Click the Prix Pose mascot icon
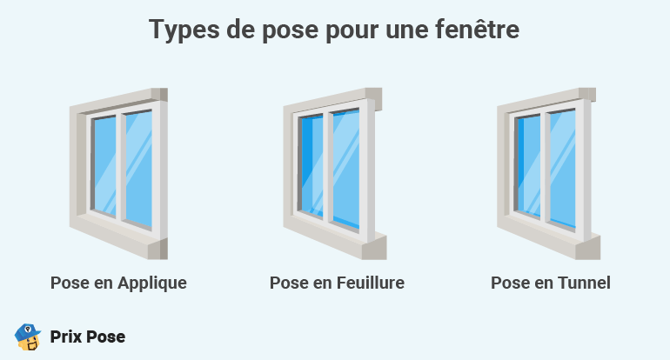[28, 337]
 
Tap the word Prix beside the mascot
[66, 337]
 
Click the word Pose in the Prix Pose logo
[106, 337]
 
